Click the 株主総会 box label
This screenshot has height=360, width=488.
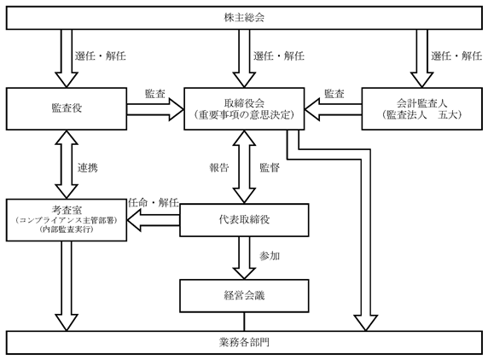244,17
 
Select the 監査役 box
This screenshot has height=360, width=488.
67,108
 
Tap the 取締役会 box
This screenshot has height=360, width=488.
244,108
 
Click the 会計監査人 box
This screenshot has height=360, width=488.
422,108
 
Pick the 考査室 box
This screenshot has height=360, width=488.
67,220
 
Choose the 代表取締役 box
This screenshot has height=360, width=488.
244,220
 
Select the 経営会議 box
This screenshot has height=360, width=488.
244,295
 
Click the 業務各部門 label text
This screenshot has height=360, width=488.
244,343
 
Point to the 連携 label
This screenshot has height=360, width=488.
88,168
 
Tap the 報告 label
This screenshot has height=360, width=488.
219,168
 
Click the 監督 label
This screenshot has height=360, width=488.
270,168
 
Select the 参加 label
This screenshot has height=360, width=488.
270,256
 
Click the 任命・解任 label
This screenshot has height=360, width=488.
154,203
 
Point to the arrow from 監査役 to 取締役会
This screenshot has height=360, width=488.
155,109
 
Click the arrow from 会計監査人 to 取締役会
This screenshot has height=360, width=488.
333,109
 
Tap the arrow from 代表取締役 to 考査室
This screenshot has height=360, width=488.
153,220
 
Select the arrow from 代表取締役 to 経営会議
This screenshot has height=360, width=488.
244,258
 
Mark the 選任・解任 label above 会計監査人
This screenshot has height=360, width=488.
456,56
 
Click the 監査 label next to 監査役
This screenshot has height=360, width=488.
155,94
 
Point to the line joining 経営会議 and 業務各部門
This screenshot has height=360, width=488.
244,322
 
